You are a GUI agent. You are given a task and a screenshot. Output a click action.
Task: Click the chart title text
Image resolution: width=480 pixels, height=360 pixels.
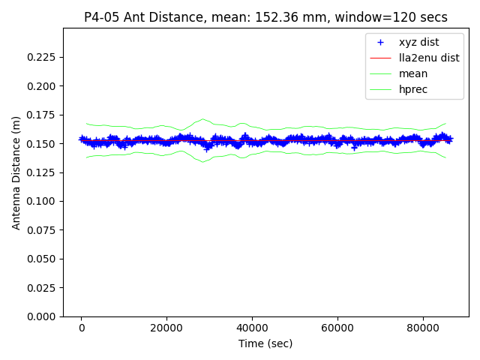coord(265,17)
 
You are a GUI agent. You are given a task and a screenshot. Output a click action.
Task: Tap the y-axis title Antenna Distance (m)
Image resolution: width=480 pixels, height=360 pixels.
coord(16,172)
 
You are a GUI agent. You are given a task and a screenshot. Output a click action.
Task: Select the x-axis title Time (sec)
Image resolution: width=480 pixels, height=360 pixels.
coord(265,343)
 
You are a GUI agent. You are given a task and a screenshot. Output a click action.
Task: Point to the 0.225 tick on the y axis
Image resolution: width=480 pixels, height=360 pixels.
coord(43,57)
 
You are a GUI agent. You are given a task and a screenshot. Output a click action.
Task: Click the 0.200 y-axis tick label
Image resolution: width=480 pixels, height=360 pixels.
coord(43,86)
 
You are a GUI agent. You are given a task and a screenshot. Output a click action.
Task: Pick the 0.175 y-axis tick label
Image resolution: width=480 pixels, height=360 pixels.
coord(43,115)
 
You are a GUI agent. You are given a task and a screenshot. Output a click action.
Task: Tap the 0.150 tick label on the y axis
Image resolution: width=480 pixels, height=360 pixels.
coord(43,144)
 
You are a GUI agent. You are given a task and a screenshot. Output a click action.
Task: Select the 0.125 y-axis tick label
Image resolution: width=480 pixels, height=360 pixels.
coord(43,172)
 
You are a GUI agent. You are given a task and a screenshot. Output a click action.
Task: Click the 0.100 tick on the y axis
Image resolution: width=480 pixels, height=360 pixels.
coord(43,201)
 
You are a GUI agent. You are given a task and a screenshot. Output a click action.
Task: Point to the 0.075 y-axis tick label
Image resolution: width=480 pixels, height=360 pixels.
coord(43,230)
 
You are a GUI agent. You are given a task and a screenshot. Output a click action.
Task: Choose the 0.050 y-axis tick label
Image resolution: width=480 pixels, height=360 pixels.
coord(43,259)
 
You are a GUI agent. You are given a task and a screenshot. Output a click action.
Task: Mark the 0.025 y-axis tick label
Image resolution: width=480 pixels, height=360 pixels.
coord(43,288)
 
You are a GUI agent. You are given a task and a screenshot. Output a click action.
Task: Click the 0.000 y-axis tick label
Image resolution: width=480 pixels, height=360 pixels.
coord(43,316)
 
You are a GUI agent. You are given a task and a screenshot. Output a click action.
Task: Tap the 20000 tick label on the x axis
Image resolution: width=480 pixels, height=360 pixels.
coord(166,328)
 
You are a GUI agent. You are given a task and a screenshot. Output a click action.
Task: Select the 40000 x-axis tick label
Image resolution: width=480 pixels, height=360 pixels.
coord(252,328)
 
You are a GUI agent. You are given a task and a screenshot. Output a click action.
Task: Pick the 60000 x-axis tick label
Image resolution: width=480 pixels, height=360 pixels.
coord(337,328)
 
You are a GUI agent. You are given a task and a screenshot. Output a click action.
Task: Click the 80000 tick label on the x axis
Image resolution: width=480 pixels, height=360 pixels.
coord(422,328)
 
